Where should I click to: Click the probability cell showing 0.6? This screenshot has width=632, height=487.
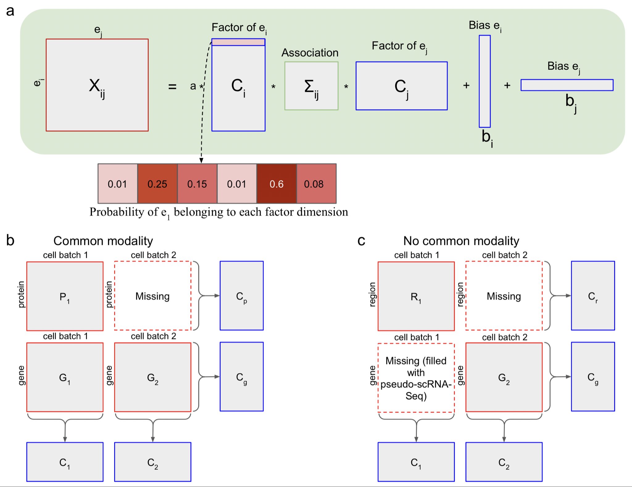click(276, 184)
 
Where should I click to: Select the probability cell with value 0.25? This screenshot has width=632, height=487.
click(157, 184)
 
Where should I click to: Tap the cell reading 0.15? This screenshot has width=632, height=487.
click(197, 184)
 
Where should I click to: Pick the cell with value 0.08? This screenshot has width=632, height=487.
click(316, 184)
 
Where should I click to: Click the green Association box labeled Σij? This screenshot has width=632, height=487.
click(311, 86)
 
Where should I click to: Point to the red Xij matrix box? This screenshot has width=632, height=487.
click(97, 85)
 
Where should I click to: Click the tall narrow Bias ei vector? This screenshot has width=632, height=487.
click(484, 81)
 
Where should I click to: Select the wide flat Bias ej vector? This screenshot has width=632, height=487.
click(567, 85)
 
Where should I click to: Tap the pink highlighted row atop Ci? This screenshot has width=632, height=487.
click(238, 42)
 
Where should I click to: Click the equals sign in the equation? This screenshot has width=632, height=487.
click(172, 87)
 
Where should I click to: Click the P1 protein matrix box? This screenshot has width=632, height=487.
click(65, 296)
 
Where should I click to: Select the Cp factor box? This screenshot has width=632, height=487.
click(241, 295)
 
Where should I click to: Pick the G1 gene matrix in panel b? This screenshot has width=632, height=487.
click(65, 377)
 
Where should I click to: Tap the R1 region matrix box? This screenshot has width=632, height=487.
click(416, 296)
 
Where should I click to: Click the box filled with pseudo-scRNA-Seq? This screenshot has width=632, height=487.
click(416, 378)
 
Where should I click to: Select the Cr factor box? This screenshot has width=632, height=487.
click(592, 295)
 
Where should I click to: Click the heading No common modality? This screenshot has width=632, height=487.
click(461, 241)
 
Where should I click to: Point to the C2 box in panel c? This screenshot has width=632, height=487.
click(504, 462)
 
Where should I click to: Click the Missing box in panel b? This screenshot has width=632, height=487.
click(152, 296)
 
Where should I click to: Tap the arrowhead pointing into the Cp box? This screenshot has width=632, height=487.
click(217, 296)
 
